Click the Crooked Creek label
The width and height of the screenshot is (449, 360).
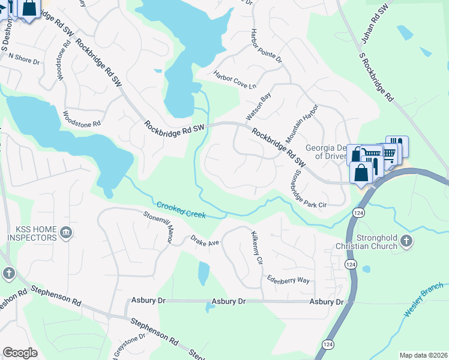click(x=181, y=210)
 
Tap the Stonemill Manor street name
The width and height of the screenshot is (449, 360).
click(x=157, y=227)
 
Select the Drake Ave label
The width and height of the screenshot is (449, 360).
click(x=206, y=242)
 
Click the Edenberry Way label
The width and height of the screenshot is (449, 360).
click(x=289, y=280)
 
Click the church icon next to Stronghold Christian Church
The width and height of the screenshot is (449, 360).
click(x=406, y=241)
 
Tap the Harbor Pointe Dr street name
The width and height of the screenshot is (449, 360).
click(x=266, y=46)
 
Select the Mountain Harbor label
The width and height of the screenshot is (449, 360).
click(x=302, y=123)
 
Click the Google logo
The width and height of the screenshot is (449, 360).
click(x=20, y=353)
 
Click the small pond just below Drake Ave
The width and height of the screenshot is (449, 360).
click(x=203, y=273)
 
